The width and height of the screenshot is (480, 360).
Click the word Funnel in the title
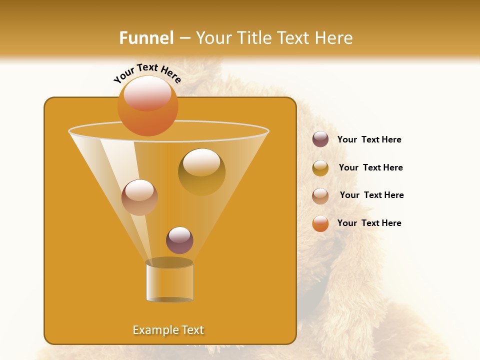146,38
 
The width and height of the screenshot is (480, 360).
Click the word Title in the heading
252,38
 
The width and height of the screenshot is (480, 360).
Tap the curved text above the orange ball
147,73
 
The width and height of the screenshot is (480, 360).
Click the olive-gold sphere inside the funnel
201,171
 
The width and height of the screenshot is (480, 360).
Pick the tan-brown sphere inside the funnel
139,197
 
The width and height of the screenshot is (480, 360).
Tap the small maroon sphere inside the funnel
179,240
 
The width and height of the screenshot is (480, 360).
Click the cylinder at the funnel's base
169,282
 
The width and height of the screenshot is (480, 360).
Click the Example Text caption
168,330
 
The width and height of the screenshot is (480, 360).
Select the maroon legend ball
320,139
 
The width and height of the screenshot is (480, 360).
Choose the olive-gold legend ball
320,168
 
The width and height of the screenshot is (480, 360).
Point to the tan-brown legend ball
320,196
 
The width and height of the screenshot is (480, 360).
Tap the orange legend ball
320,223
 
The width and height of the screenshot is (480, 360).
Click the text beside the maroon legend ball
369,139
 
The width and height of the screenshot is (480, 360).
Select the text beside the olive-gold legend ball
370,167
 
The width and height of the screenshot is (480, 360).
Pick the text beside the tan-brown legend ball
371,195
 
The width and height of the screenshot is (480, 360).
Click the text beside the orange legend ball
369,223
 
